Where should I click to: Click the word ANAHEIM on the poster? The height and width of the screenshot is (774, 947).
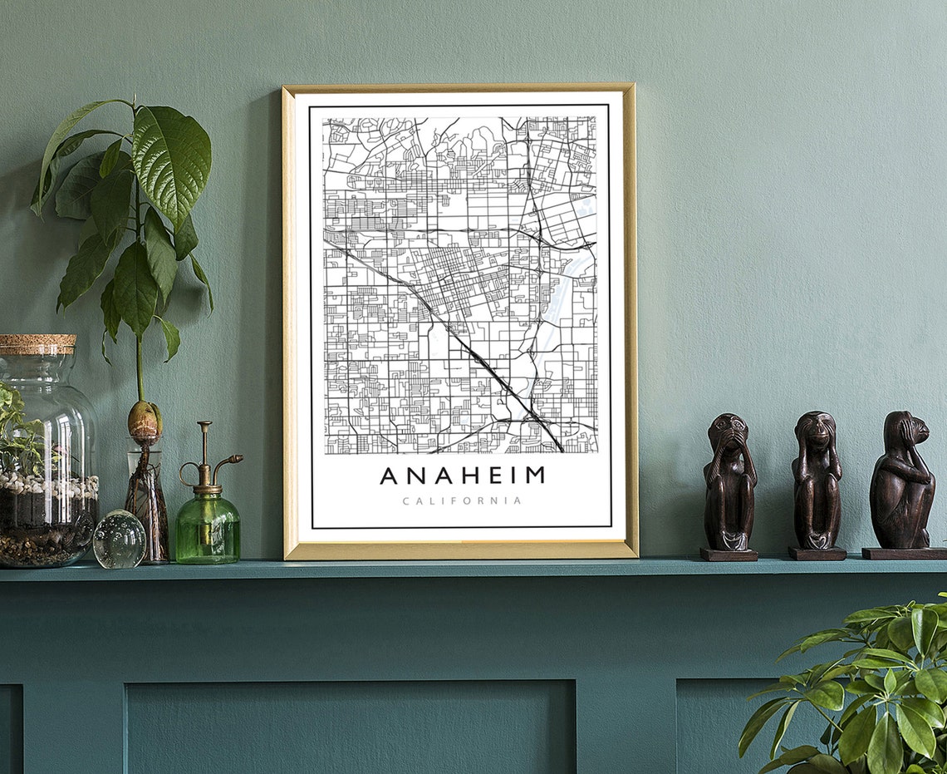[x=462, y=476]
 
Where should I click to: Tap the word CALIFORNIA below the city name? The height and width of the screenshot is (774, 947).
[x=462, y=501]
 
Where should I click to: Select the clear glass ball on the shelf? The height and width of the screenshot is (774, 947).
[x=119, y=539]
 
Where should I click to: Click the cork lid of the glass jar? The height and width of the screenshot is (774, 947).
[x=37, y=344]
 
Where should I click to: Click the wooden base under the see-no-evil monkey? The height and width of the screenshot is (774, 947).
[x=729, y=554]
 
